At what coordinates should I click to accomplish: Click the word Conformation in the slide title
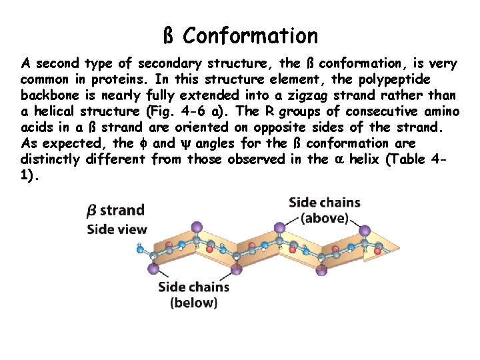click(x=251, y=35)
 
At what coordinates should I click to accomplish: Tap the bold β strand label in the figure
click(x=115, y=211)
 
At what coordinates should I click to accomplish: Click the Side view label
click(x=117, y=229)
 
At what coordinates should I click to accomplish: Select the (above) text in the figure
click(x=325, y=218)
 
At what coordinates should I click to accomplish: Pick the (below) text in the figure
click(x=193, y=302)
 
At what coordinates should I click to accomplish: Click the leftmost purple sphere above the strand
click(x=195, y=228)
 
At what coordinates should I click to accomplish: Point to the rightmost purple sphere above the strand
click(x=365, y=231)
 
